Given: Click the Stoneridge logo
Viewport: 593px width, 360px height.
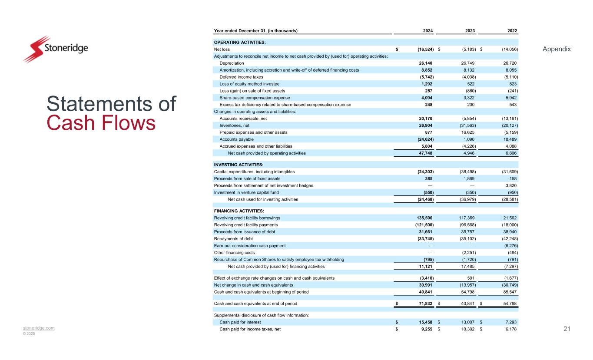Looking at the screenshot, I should click(x=56, y=49).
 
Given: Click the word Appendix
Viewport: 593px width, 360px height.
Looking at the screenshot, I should click(x=557, y=49).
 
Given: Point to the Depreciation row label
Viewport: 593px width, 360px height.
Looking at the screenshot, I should click(x=232, y=63).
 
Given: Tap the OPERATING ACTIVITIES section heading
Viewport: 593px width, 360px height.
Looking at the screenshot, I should click(x=240, y=42).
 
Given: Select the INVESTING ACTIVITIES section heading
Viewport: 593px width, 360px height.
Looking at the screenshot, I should click(x=239, y=165).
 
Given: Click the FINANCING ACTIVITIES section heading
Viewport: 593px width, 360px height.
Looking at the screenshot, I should click(x=240, y=211).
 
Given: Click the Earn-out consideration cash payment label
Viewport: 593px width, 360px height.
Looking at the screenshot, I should click(x=250, y=245).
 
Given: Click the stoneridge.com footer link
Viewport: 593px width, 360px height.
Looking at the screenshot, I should click(x=39, y=328).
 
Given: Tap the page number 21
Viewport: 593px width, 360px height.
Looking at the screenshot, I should click(x=566, y=329).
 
